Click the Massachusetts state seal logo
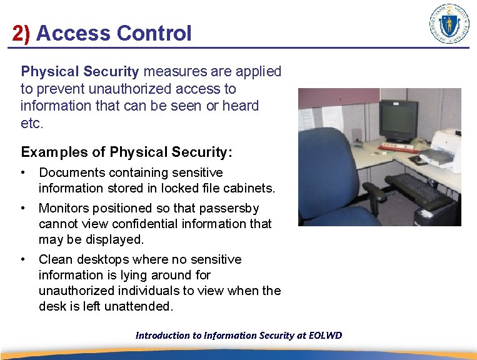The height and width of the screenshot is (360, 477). [449, 24]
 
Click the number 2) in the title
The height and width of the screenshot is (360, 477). [21, 33]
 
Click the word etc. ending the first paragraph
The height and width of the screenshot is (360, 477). [32, 122]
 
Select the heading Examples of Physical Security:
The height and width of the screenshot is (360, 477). [126, 152]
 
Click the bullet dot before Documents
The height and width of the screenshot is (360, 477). [23, 172]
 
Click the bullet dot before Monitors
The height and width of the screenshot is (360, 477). [23, 208]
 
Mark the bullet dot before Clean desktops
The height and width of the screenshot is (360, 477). [23, 259]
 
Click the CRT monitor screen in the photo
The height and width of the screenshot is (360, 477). [399, 119]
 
